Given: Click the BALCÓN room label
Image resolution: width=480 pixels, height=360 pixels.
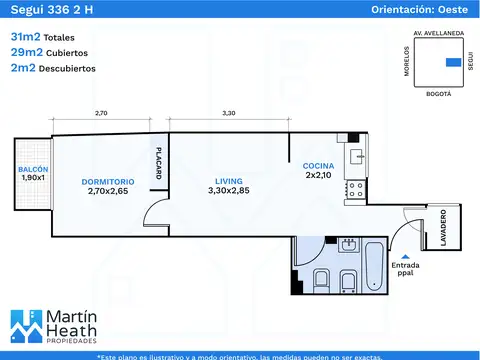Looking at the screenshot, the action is point(33,169).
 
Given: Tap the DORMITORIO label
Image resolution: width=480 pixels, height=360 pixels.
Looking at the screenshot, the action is point(108,182).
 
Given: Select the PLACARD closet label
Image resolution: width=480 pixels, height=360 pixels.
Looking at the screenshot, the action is point(159,163).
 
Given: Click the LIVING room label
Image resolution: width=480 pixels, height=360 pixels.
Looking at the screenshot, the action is point(229,181).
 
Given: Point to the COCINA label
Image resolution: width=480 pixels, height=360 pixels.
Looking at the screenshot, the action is point(318,166).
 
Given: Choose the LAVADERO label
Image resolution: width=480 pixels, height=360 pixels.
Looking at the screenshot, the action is point(443,228).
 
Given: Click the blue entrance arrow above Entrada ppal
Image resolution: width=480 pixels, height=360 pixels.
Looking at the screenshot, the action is point(405,256).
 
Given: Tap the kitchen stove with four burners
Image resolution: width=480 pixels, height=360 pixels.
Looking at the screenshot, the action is point(355,189).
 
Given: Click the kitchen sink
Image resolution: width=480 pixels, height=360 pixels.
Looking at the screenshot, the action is point(357,156).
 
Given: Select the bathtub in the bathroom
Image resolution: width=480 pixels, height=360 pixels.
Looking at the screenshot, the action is point(375,266).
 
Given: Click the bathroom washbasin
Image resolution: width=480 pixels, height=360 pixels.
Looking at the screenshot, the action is point(349,245).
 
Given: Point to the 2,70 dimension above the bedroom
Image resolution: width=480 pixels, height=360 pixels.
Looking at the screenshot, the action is point(101,113).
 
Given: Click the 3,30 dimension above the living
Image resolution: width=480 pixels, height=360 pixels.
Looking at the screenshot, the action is point(229,113).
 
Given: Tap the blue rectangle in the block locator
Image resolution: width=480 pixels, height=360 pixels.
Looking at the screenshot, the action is point(454,62).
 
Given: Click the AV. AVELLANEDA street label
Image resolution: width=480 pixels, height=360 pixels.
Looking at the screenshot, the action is point(439,33).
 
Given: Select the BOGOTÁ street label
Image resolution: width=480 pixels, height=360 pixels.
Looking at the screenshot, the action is point(439,94).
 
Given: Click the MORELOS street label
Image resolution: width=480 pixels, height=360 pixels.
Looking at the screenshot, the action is point(407,61).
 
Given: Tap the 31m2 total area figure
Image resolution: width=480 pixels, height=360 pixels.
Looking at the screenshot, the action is point(25,36).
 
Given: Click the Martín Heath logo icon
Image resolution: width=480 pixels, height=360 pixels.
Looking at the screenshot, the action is point(27,326).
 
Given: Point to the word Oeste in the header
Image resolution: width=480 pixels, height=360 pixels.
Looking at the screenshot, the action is point(453,9).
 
